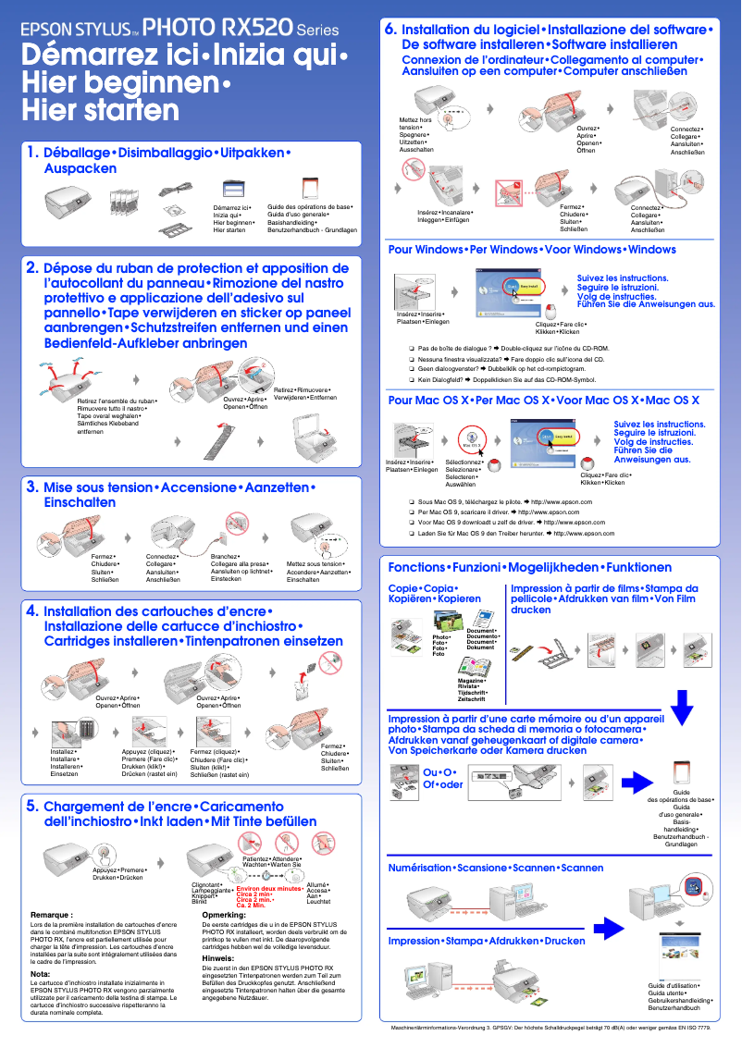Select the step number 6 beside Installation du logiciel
390,30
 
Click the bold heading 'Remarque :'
53,915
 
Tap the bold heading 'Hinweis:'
218,958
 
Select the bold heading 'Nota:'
41,974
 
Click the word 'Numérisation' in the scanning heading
421,868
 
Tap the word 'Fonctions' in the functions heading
415,567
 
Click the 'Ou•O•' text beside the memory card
441,771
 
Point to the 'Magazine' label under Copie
472,681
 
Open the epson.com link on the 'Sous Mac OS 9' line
561,500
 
